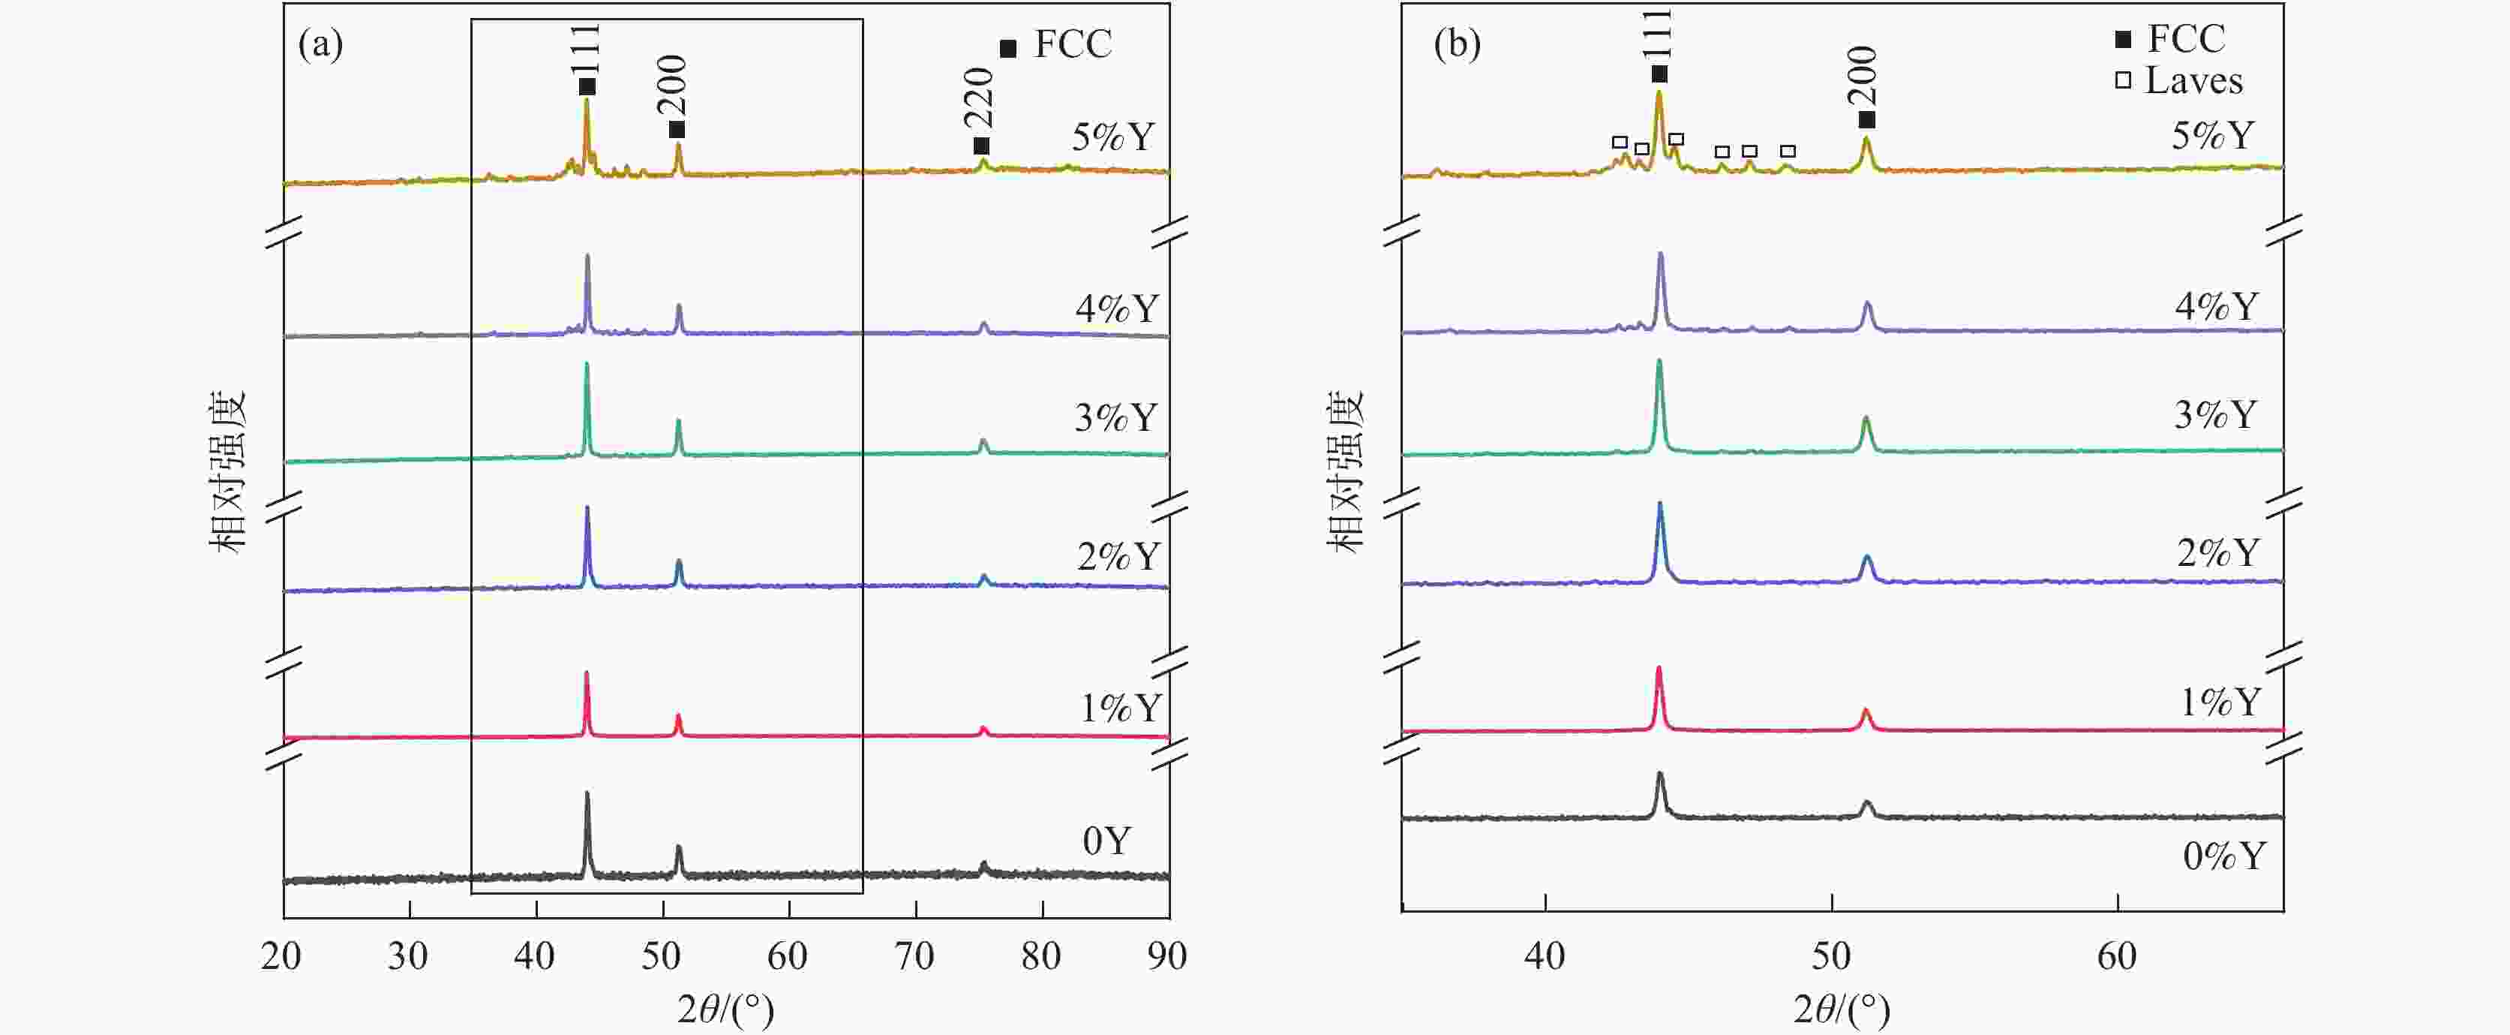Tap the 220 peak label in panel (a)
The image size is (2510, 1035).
tap(978, 98)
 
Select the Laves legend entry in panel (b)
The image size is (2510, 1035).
tap(2193, 81)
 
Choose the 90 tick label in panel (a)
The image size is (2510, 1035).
tap(1167, 956)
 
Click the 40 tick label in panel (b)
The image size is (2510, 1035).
tap(1545, 956)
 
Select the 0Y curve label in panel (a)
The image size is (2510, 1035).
tap(1106, 840)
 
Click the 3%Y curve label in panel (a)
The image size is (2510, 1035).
tap(1115, 417)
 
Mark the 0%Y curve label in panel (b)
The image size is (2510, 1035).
tap(2223, 856)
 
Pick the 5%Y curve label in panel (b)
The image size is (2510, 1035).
tap(2213, 135)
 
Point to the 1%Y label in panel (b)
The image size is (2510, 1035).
tap(2220, 702)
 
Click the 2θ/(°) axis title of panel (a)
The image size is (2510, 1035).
tap(726, 1009)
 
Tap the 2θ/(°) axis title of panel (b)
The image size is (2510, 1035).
tap(1842, 1009)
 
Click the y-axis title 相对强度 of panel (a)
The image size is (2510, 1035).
tap(228, 473)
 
